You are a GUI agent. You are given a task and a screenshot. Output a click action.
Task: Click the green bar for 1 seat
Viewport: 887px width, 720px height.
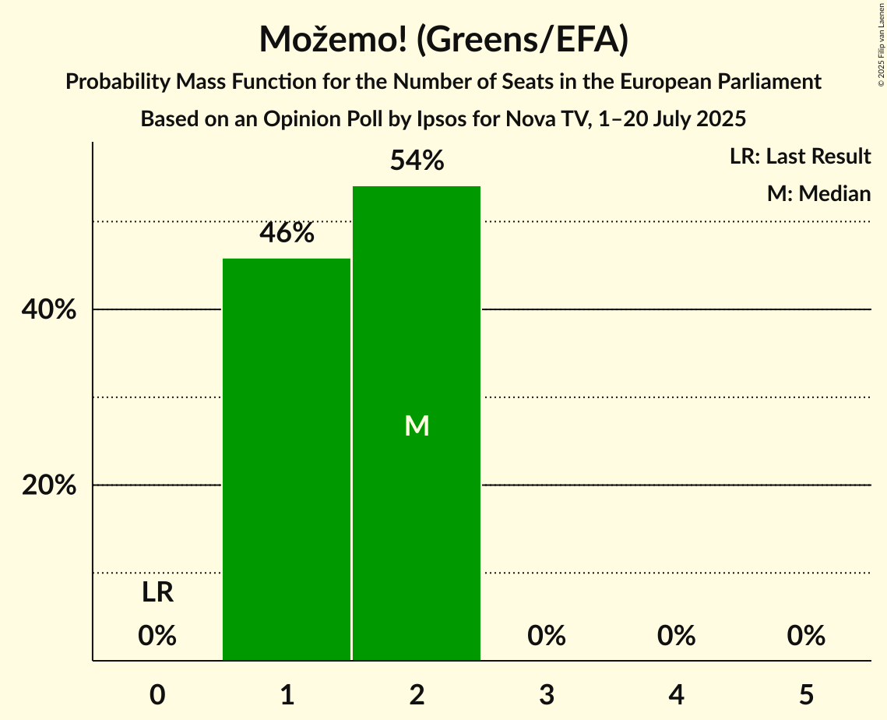(x=287, y=460)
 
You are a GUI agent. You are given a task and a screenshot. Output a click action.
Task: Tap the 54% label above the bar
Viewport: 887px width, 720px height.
(x=417, y=161)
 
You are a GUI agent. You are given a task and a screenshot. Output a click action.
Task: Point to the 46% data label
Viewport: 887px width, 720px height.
(x=287, y=233)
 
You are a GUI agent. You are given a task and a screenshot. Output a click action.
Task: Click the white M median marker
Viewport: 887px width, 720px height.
(x=417, y=425)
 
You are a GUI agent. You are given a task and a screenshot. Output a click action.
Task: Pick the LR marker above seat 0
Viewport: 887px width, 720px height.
(x=157, y=593)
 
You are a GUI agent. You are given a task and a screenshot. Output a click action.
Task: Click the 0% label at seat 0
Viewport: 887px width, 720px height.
(x=157, y=636)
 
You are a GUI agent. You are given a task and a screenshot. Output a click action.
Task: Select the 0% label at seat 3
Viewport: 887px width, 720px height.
(x=547, y=636)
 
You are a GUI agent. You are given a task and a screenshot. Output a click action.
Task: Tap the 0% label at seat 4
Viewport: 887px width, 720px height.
(x=676, y=636)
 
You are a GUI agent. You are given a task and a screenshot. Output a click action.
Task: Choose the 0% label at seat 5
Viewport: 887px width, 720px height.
(x=806, y=636)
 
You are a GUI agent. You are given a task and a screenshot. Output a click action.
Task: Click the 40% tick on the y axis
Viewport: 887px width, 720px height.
(x=49, y=310)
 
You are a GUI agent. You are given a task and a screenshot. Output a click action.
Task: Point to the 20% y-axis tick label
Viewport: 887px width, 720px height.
(x=49, y=485)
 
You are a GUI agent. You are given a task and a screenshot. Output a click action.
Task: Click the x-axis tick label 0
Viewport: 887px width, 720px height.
(x=157, y=694)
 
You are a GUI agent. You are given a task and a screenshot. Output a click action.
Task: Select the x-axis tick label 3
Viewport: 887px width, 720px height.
(x=547, y=694)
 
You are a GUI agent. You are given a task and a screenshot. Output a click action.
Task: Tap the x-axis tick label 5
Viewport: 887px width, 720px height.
(x=806, y=694)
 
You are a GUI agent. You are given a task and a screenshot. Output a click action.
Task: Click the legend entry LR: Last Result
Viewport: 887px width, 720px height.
(x=800, y=157)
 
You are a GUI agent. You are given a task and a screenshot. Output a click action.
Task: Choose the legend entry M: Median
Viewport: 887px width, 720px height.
(x=818, y=193)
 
